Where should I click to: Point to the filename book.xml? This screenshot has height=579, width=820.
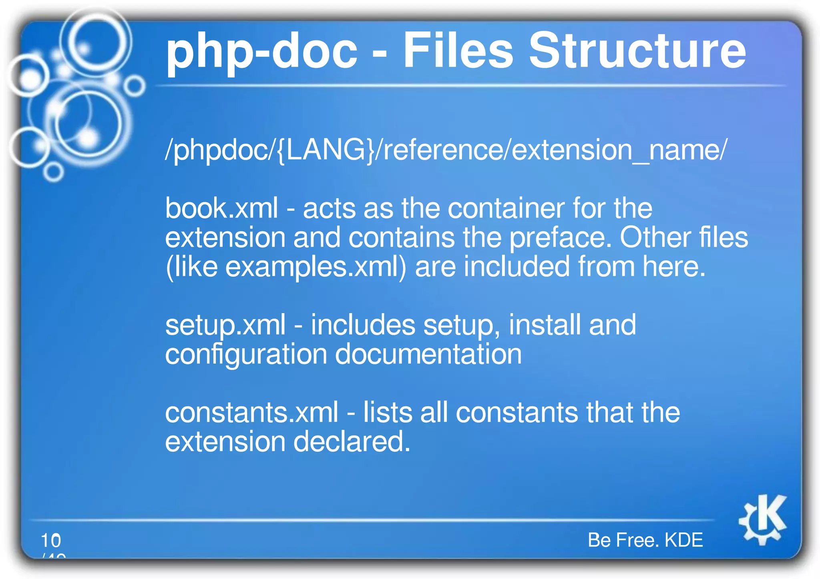click(221, 209)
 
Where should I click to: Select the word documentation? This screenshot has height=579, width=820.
click(428, 354)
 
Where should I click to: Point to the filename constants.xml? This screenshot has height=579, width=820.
click(251, 413)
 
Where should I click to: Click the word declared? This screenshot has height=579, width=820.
click(352, 442)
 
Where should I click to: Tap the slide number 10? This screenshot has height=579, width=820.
click(51, 541)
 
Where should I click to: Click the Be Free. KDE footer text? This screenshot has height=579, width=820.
click(645, 540)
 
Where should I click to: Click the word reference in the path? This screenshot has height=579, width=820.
click(442, 150)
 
